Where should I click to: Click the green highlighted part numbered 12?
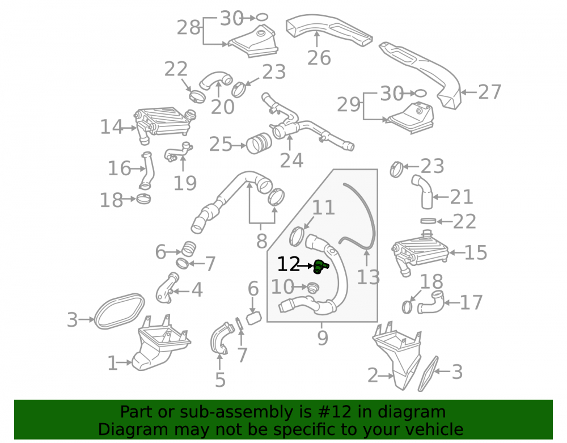[x=320, y=267]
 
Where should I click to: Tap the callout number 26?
[x=319, y=58]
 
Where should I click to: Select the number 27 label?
[x=490, y=92]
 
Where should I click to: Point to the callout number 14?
[x=111, y=127]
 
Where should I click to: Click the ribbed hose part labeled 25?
[x=259, y=143]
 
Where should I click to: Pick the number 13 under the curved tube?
[x=368, y=278]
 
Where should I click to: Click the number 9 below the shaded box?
[x=323, y=337]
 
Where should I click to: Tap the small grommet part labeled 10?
[x=313, y=288]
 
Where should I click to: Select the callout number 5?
[x=220, y=379]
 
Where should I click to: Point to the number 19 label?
[x=185, y=183]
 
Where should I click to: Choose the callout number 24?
[x=291, y=161]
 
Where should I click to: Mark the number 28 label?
[x=188, y=27]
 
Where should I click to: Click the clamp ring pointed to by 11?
[x=297, y=236]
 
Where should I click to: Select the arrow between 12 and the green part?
[x=306, y=266]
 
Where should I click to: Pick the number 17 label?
[x=471, y=302]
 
